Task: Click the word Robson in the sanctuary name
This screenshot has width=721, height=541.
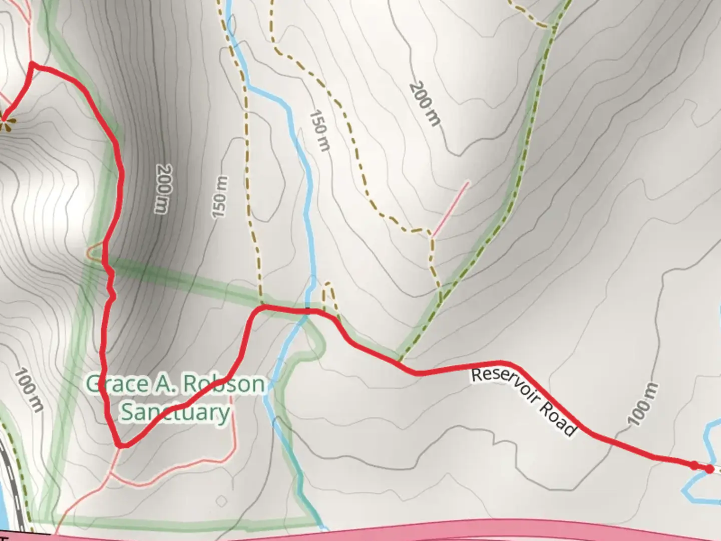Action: [x=223, y=384]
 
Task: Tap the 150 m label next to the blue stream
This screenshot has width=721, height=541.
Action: [x=319, y=131]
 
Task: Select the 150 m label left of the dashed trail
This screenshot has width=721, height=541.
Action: [x=220, y=197]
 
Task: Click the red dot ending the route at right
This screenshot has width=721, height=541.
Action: [x=709, y=469]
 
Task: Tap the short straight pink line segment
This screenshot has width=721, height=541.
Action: [x=451, y=208]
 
